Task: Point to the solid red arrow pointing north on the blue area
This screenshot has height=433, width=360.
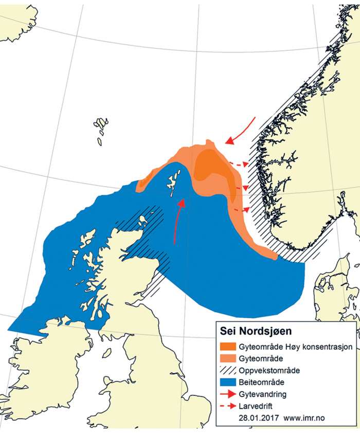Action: coord(178,221)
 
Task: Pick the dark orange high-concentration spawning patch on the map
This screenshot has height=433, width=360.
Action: coord(211,165)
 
